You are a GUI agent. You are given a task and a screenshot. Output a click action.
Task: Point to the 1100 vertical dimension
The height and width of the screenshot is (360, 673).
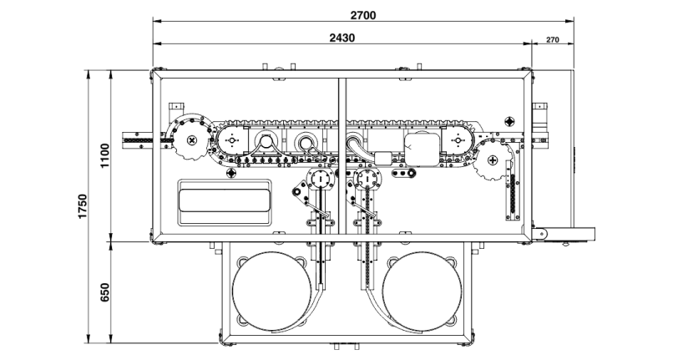pyautogui.click(x=104, y=156)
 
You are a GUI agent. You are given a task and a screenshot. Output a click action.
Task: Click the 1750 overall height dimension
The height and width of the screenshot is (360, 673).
pyautogui.click(x=82, y=207)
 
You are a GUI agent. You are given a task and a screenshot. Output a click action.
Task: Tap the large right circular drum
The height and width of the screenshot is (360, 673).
pyautogui.click(x=423, y=292)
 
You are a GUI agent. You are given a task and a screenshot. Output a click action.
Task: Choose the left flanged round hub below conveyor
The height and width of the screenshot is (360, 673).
pyautogui.click(x=318, y=179)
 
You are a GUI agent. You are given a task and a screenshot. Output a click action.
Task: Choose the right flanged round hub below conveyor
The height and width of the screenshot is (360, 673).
pyautogui.click(x=366, y=179)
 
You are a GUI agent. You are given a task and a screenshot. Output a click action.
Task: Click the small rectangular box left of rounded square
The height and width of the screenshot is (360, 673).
pyautogui.click(x=385, y=156)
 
